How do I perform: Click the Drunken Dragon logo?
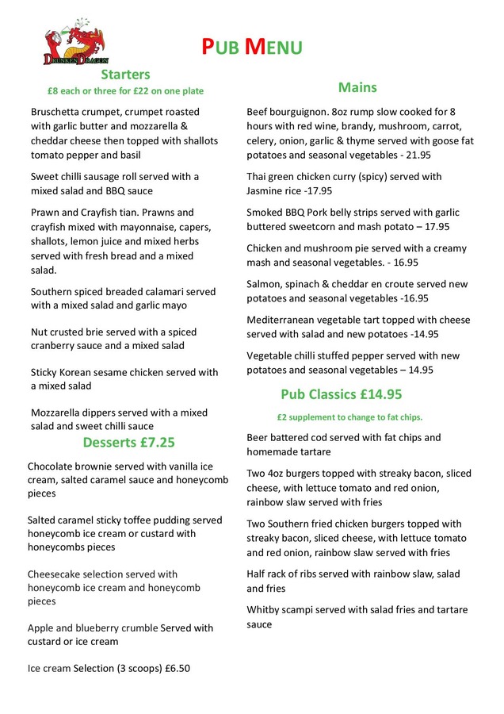[77, 43]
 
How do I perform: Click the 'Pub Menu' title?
[250, 47]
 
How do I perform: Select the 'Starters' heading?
[125, 75]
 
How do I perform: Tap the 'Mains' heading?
[357, 87]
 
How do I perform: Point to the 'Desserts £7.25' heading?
[129, 443]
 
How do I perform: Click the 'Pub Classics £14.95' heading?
[341, 393]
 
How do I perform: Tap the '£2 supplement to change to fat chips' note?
[349, 416]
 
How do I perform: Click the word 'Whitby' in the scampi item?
[264, 610]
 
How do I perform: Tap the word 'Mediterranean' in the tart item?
[283, 321]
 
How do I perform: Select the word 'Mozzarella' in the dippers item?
[59, 413]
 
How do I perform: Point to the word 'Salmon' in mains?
[265, 284]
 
